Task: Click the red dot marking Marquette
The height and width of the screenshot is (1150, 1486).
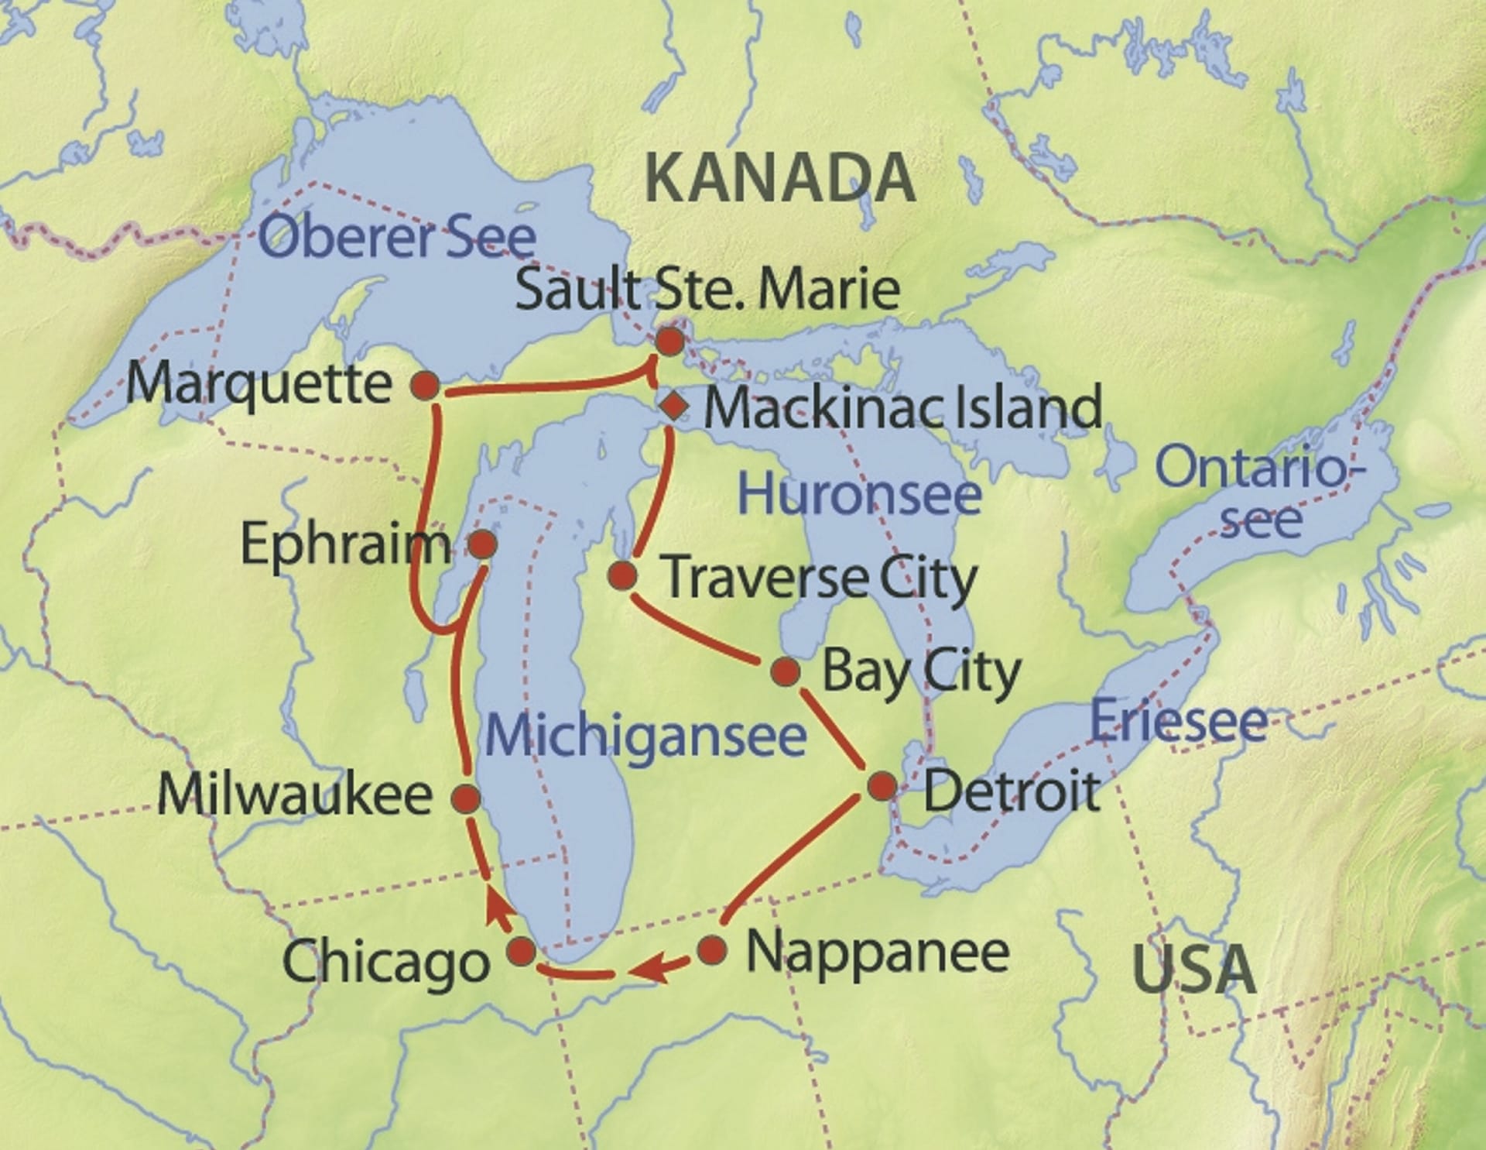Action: pos(425,385)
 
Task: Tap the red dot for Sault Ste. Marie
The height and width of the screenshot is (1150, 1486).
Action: pos(670,341)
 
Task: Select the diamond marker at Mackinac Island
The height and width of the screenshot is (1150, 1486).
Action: pos(675,405)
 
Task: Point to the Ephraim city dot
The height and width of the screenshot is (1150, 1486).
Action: pos(483,544)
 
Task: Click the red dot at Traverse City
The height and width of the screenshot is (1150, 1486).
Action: pos(622,575)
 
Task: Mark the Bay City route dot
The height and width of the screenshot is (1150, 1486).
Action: pos(785,671)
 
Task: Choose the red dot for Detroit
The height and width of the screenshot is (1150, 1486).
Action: pos(882,786)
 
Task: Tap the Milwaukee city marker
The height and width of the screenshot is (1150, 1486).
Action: pos(466,798)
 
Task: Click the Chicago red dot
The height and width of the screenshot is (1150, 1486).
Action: pos(522,950)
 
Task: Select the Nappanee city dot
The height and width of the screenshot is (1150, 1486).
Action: pos(712,949)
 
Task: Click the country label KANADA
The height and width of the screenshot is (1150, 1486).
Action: pos(779,179)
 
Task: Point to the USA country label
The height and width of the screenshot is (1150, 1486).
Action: pos(1193,970)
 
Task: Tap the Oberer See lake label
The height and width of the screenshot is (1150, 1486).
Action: pos(396,237)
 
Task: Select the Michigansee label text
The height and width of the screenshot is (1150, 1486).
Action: pos(645,736)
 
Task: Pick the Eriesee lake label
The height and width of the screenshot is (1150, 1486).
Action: pos(1178,722)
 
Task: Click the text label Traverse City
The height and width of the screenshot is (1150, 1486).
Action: pos(821,578)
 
